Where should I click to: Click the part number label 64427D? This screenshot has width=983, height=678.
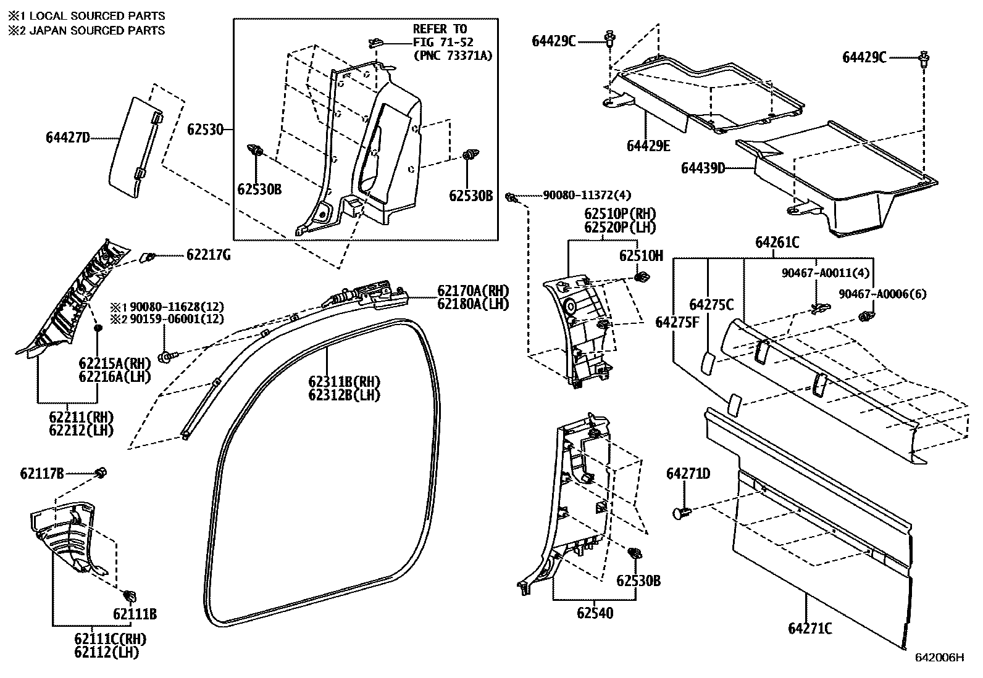[67, 138]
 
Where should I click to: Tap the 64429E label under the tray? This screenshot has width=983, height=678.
[648, 146]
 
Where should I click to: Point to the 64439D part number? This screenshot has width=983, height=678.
[703, 168]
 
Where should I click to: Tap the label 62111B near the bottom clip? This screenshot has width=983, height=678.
[134, 614]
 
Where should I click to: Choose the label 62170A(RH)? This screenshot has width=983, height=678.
[473, 290]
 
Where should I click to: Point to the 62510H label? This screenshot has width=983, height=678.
[641, 255]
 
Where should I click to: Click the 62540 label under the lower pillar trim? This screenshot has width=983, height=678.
[595, 613]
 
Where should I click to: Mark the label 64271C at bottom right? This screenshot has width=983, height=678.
[809, 629]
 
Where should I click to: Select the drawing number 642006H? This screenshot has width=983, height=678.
[939, 658]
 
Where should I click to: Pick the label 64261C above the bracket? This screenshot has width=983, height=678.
[777, 243]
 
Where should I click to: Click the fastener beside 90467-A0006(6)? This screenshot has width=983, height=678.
[864, 317]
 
